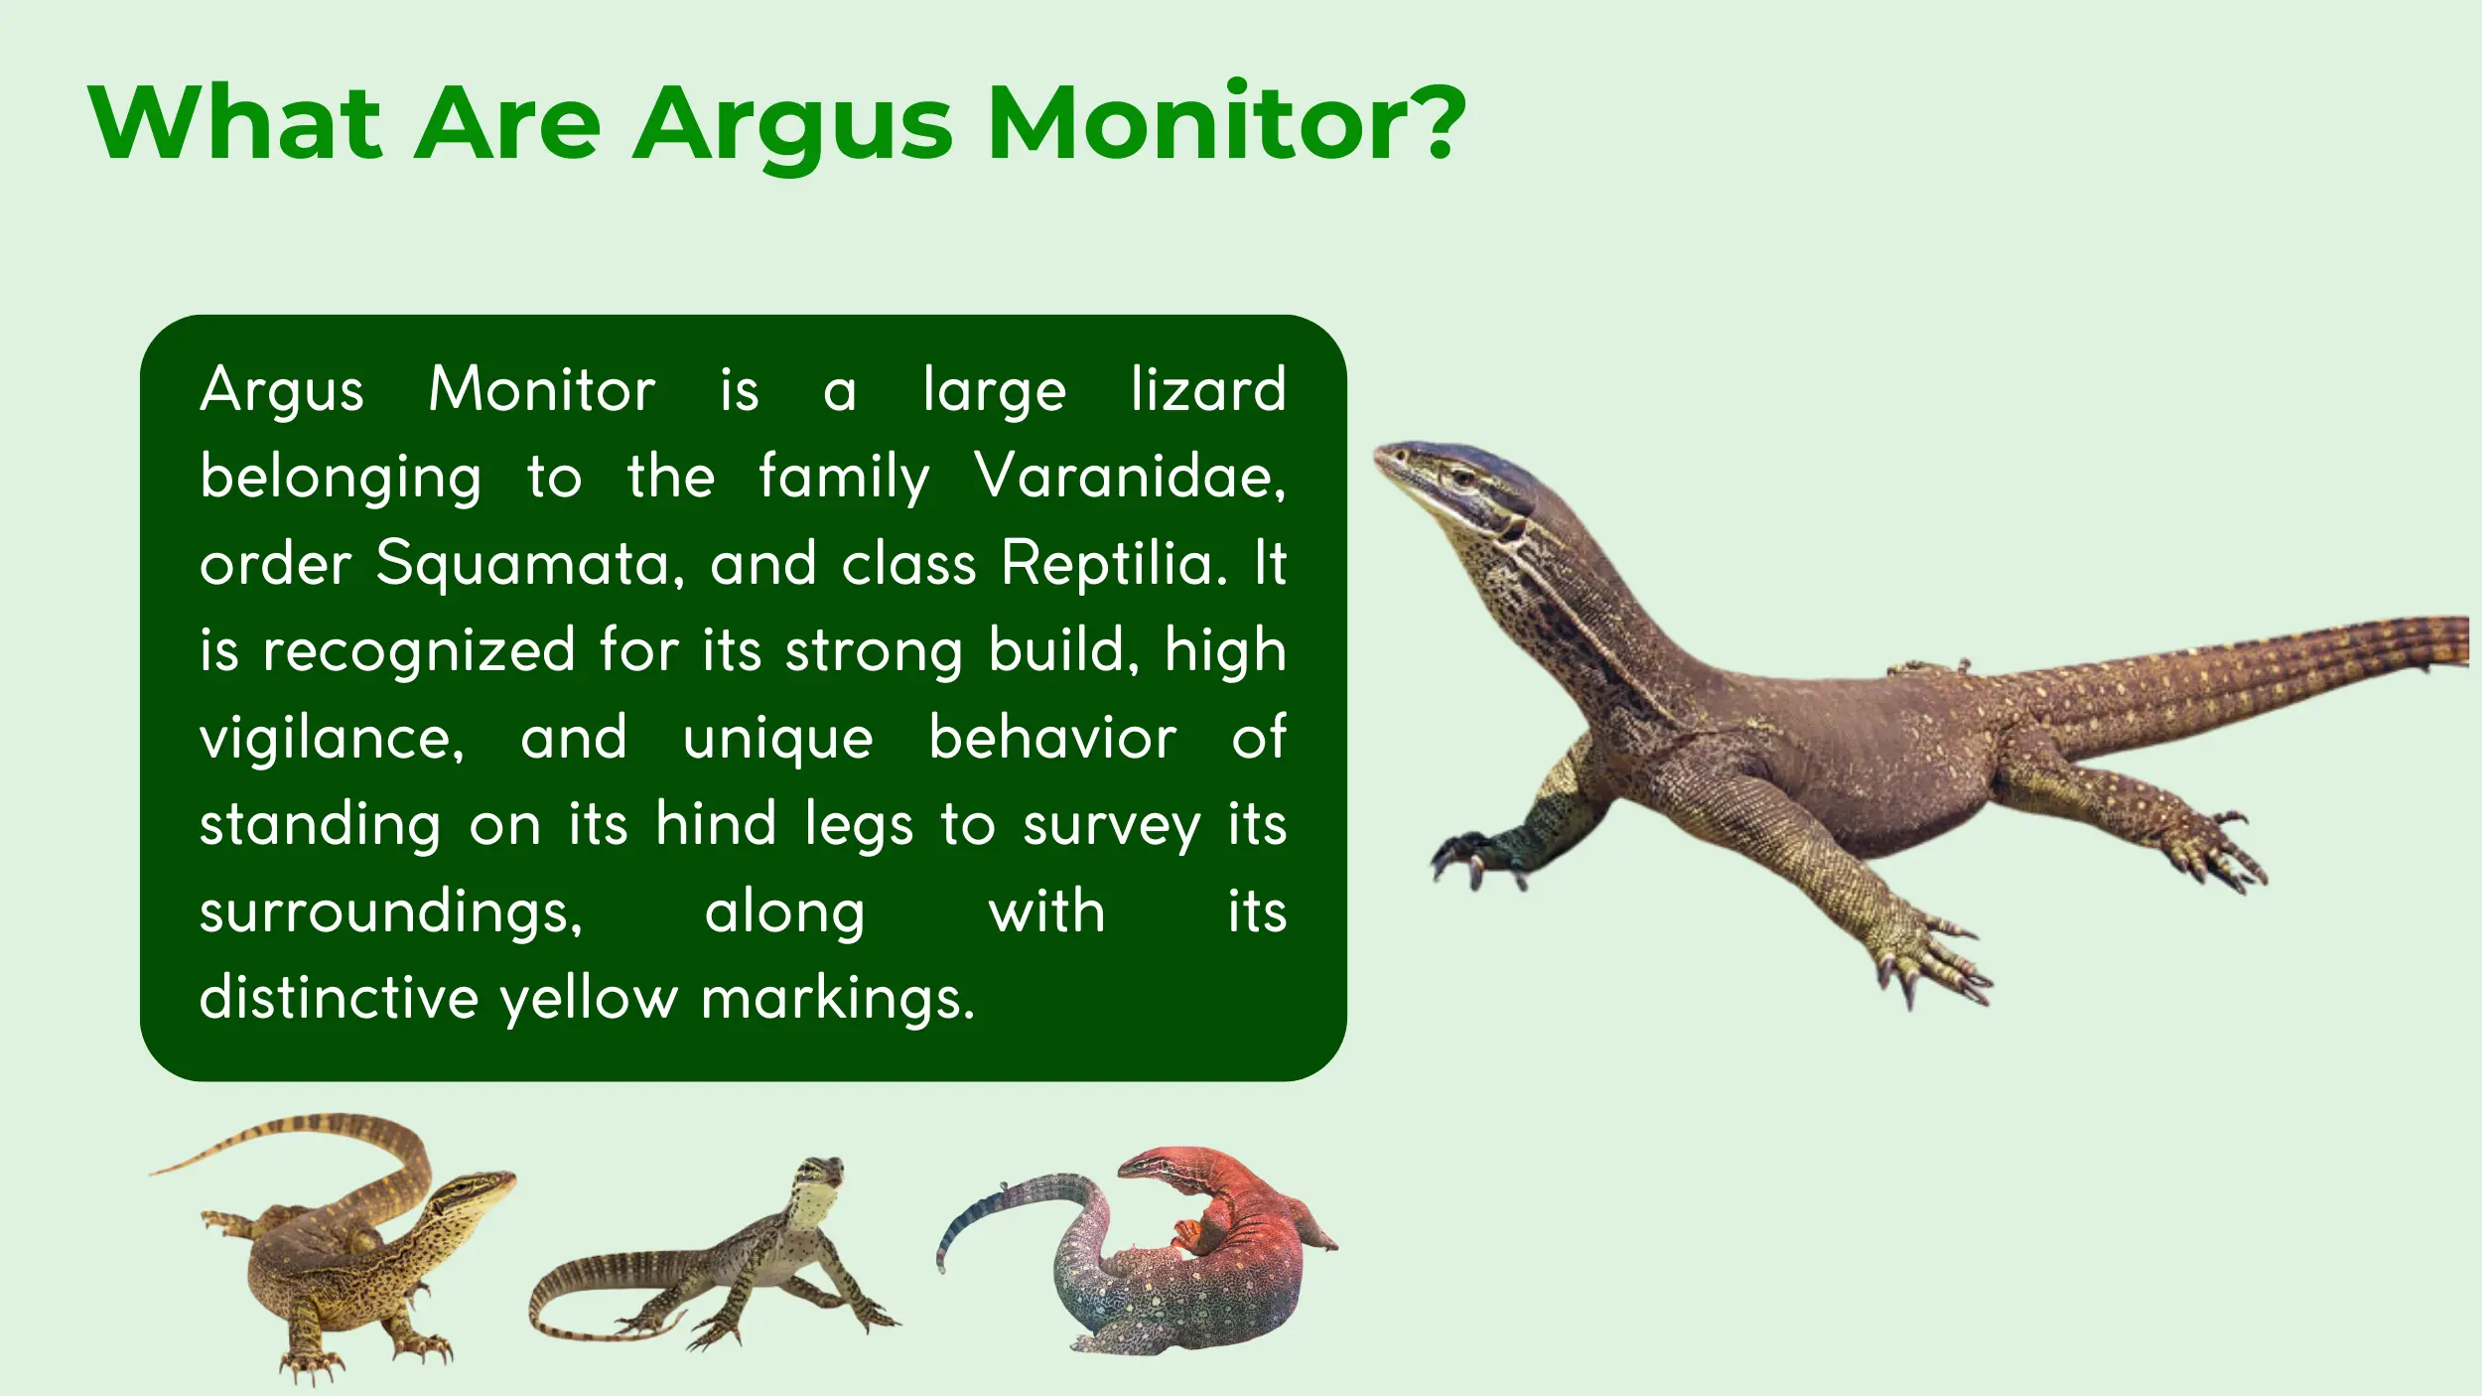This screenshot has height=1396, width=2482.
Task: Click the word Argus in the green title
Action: tap(792, 124)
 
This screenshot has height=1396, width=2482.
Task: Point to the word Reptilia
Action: tap(1114, 564)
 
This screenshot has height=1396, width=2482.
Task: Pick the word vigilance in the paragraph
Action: tap(332, 740)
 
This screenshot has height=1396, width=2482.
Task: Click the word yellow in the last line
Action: tap(589, 998)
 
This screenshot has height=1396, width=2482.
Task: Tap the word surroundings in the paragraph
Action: tap(391, 913)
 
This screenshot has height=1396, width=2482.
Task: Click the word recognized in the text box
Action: tap(419, 651)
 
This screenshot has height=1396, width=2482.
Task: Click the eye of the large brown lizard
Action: tap(1463, 477)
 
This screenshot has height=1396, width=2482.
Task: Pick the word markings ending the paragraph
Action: tap(839, 999)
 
